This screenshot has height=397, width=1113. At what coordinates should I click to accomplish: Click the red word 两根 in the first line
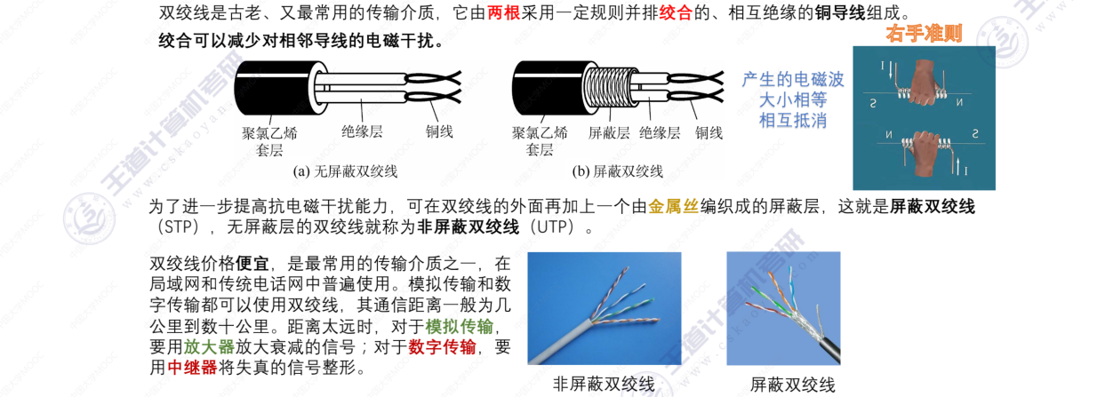click(x=505, y=13)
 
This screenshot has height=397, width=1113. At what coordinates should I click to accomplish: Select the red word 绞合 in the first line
click(x=677, y=13)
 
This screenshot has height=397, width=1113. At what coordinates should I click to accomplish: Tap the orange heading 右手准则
click(x=925, y=35)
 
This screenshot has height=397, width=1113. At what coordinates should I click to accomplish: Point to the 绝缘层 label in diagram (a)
click(x=362, y=131)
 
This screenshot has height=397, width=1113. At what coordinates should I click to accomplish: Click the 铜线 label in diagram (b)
click(x=709, y=132)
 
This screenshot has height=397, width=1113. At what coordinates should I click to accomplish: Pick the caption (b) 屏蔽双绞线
click(x=618, y=171)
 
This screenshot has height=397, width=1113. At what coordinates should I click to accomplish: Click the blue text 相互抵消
click(x=793, y=120)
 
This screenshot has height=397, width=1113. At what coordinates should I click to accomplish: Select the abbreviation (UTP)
click(x=556, y=227)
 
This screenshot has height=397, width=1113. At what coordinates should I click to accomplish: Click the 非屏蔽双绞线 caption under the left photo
click(x=604, y=385)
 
